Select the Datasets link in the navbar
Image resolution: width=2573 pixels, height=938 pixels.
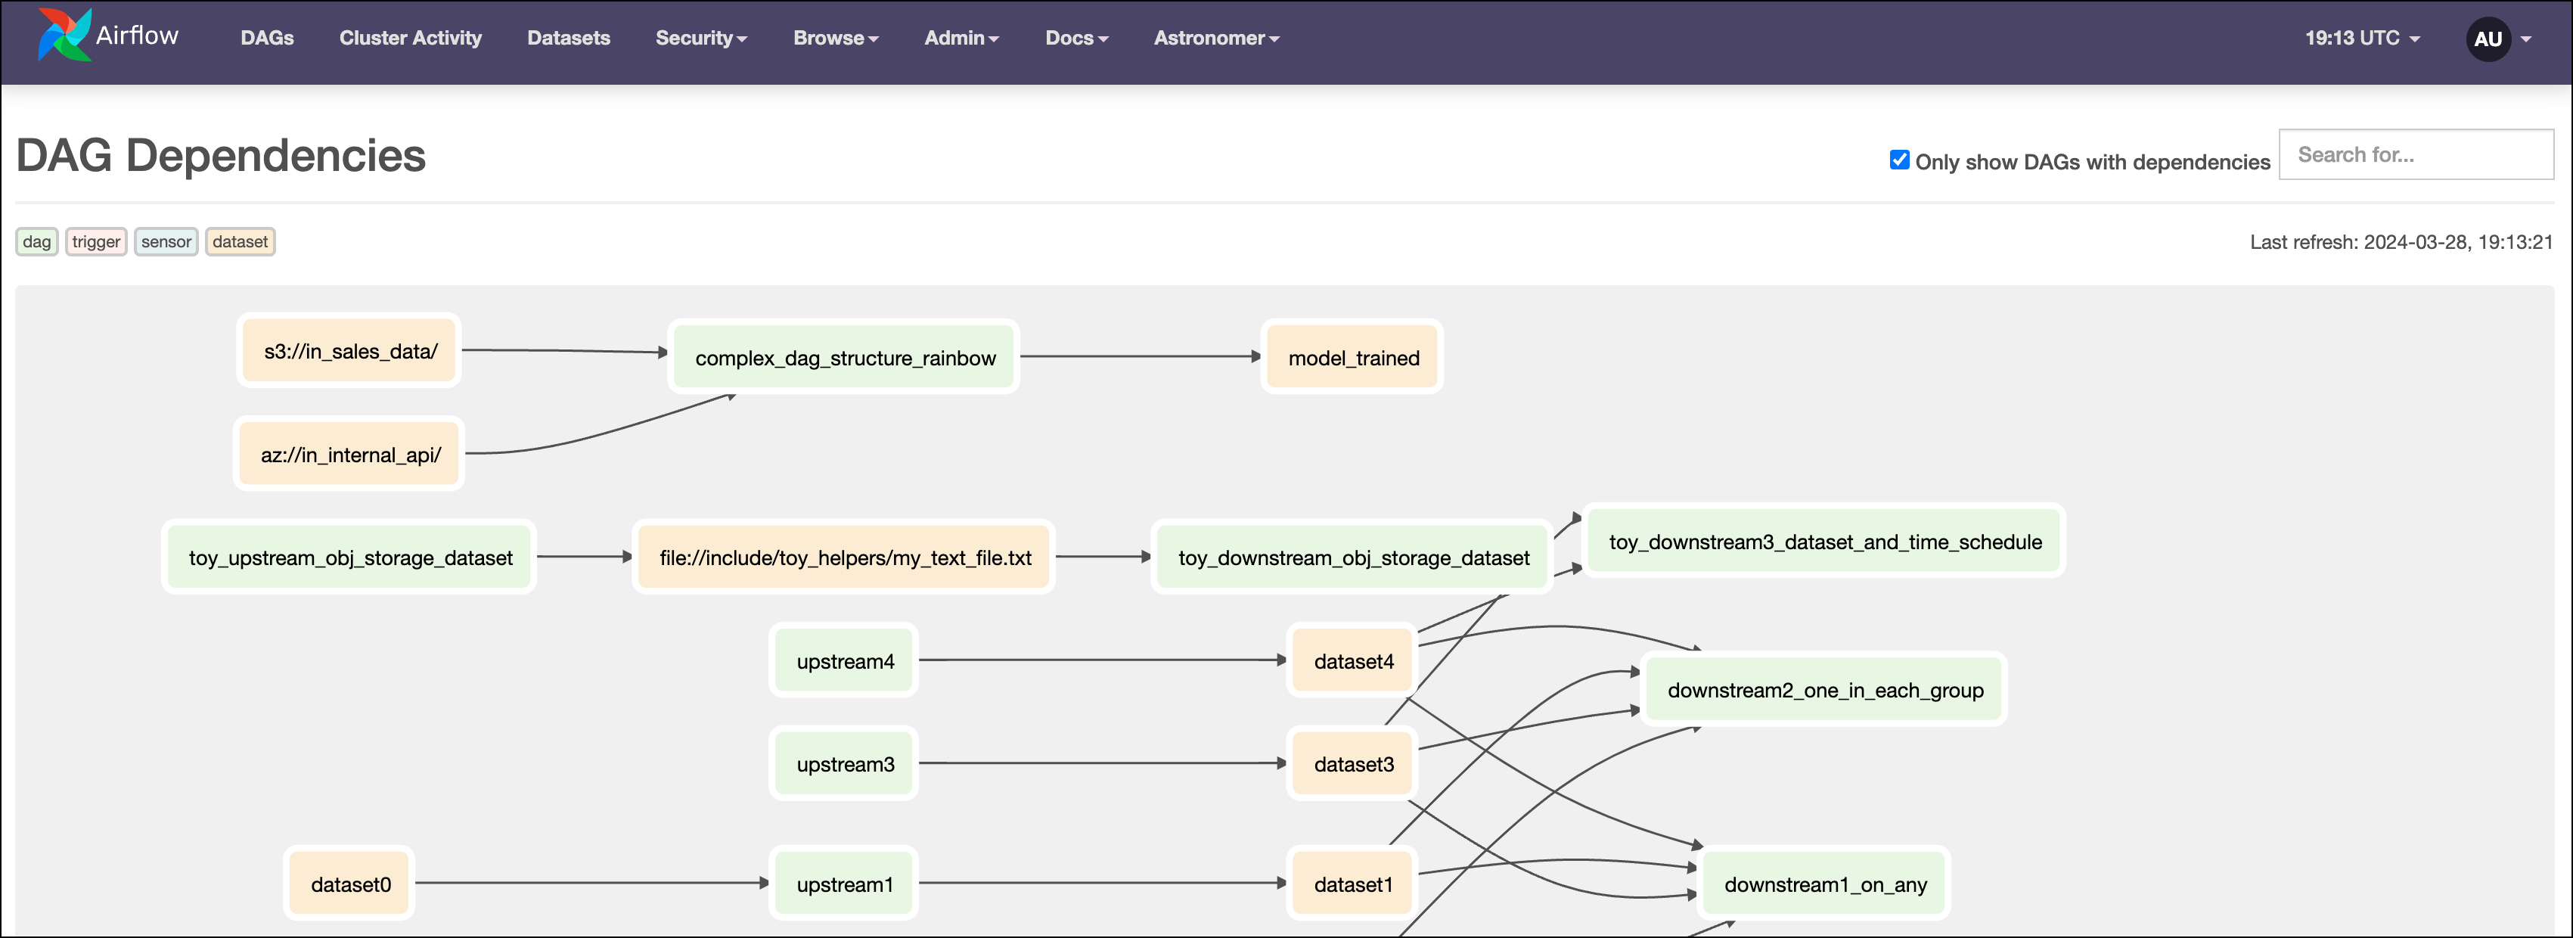pyautogui.click(x=567, y=38)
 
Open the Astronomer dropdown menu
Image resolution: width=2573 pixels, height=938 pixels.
pyautogui.click(x=1215, y=38)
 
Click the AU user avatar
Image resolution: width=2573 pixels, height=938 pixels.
pyautogui.click(x=2487, y=39)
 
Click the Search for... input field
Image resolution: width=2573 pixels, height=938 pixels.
pyautogui.click(x=2415, y=155)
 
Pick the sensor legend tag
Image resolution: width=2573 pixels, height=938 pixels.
pyautogui.click(x=166, y=242)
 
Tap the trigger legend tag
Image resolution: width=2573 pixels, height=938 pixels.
pyautogui.click(x=96, y=242)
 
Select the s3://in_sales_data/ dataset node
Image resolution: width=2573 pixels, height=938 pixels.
pyautogui.click(x=349, y=351)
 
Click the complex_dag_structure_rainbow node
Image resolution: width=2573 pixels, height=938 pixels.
pyautogui.click(x=844, y=358)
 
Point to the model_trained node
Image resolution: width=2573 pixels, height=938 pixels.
pyautogui.click(x=1352, y=358)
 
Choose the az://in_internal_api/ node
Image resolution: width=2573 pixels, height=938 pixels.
pyautogui.click(x=349, y=455)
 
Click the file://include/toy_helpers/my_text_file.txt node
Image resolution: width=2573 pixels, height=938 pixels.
pyautogui.click(x=844, y=558)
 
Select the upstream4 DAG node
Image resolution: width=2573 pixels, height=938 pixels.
pyautogui.click(x=844, y=661)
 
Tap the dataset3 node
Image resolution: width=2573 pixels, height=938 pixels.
pyautogui.click(x=1352, y=764)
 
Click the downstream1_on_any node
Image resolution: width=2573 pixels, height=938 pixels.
pyautogui.click(x=1824, y=884)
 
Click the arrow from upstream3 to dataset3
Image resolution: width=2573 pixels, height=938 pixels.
pyautogui.click(x=1099, y=763)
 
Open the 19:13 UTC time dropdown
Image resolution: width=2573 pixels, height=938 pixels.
pyautogui.click(x=2361, y=38)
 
